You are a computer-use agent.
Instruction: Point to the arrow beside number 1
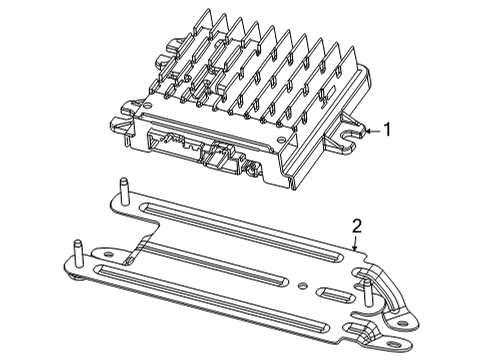370,130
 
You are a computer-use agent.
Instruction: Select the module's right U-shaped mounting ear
352,129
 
